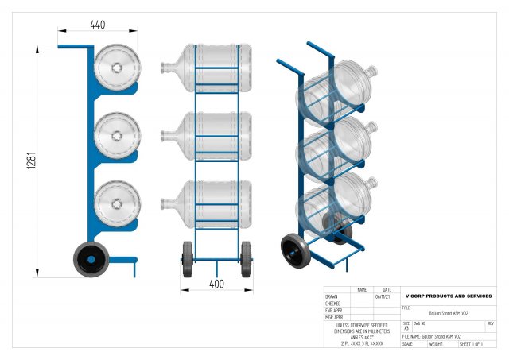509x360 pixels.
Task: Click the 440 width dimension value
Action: [97, 25]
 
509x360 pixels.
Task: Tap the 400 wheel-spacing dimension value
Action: [216, 283]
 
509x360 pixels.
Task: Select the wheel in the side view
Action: [91, 260]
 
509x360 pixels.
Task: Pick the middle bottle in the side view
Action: [117, 134]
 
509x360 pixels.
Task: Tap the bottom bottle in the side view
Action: [117, 200]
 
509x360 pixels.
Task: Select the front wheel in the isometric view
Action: [297, 251]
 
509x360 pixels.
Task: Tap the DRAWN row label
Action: [332, 296]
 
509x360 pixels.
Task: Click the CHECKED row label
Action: [333, 304]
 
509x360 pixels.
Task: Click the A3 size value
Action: [406, 327]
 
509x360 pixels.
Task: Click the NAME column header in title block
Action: [362, 290]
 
